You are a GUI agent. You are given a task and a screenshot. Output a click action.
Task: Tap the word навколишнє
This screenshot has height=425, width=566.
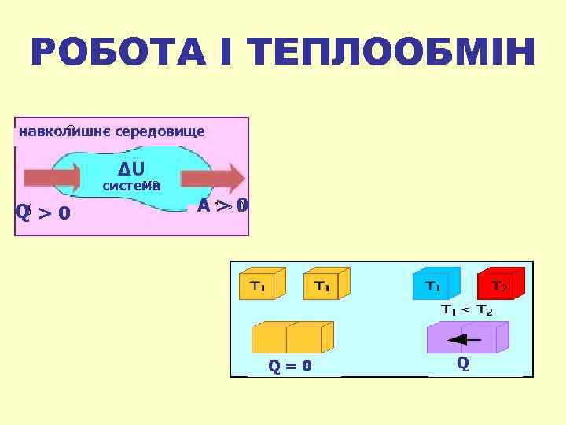pos(64,131)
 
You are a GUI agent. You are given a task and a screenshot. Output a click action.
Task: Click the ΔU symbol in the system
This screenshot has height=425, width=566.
pos(131,168)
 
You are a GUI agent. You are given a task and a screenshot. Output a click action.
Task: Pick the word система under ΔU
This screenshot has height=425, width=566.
pos(132,186)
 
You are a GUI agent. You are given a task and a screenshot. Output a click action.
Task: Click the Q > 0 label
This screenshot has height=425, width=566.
pos(43,213)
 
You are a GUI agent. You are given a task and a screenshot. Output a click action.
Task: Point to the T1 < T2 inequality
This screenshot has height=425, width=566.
pos(466,310)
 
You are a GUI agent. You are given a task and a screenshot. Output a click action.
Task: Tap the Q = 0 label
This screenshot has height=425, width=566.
pos(290,366)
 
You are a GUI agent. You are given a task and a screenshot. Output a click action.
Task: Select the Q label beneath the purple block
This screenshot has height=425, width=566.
pos(463,364)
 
